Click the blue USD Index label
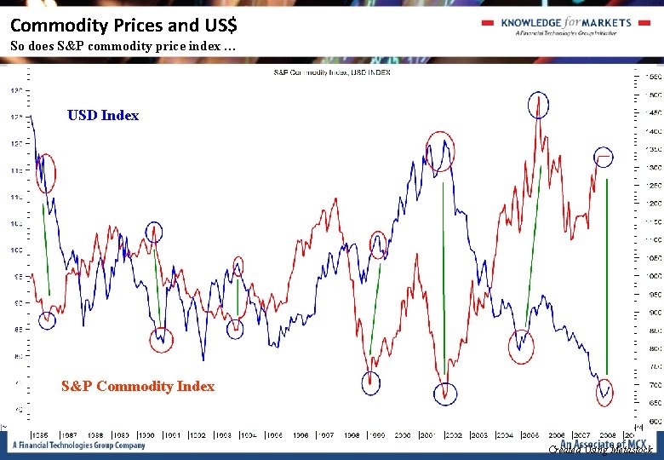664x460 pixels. click(102, 116)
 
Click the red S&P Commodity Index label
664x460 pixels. click(138, 387)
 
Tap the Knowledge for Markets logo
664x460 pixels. click(565, 26)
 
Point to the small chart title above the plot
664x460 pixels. click(332, 72)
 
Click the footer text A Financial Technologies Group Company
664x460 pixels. click(78, 446)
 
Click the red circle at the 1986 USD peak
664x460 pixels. click(46, 174)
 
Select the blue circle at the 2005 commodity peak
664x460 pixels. click(539, 106)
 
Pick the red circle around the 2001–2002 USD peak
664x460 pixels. click(441, 151)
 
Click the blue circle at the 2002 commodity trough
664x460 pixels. click(444, 394)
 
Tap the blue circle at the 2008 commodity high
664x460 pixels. click(604, 158)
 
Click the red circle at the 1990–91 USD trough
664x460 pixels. click(161, 340)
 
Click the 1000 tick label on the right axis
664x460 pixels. click(652, 276)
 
